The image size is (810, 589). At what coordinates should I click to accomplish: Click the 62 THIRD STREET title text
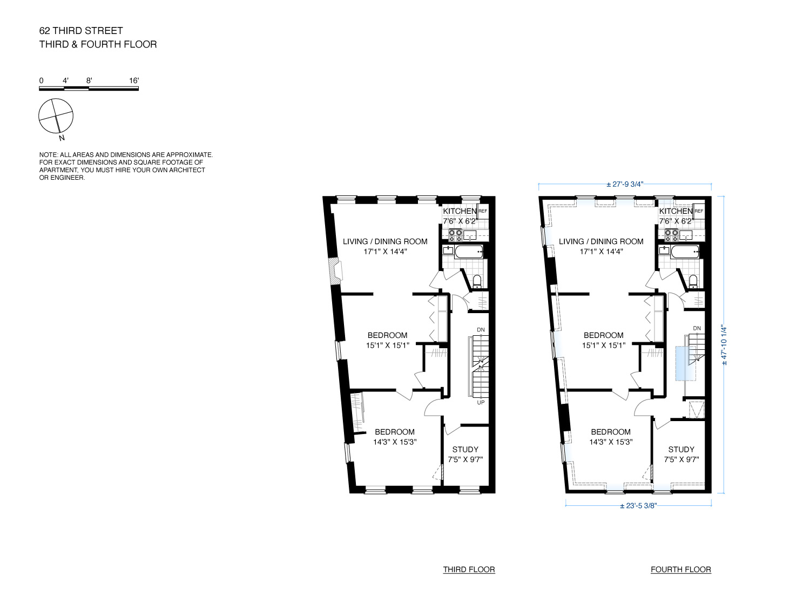(x=81, y=31)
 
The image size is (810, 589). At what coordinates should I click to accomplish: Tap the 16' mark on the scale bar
(x=134, y=80)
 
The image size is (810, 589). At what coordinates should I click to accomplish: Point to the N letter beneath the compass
(x=62, y=138)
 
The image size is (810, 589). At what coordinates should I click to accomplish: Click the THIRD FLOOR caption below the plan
(x=469, y=570)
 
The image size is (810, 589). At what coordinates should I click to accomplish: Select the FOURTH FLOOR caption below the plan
(x=680, y=570)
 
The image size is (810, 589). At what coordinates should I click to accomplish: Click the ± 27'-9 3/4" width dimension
(x=625, y=184)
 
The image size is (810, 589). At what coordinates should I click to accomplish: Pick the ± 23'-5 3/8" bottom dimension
(x=638, y=506)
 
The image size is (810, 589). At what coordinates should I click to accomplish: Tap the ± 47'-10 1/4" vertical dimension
(x=725, y=345)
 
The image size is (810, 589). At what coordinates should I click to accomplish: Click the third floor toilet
(x=477, y=281)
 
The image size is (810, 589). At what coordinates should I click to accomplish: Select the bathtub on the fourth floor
(x=685, y=252)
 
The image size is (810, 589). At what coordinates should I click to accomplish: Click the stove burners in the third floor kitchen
(x=455, y=235)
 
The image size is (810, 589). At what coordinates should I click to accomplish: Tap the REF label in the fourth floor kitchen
(x=699, y=211)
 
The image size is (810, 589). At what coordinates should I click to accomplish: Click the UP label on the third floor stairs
(x=481, y=402)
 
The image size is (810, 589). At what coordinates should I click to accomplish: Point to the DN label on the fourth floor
(x=697, y=328)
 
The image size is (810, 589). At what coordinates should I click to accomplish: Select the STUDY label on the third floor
(x=465, y=449)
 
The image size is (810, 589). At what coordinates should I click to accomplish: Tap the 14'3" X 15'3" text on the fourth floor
(x=611, y=442)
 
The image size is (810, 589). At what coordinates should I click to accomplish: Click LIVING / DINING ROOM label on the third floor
(x=385, y=241)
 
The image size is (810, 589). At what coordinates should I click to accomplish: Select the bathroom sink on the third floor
(x=448, y=251)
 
